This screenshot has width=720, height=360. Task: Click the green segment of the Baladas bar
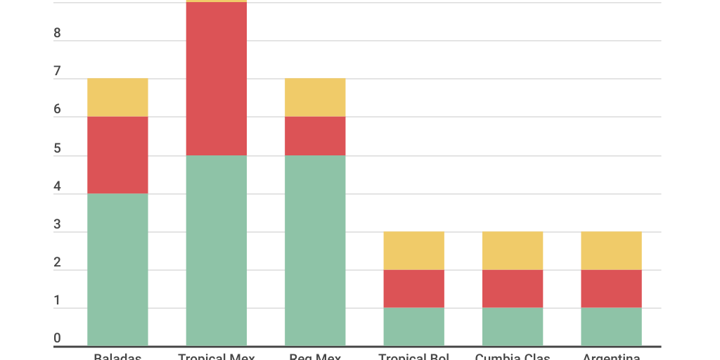[117, 269]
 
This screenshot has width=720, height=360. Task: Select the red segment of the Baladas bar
[117, 155]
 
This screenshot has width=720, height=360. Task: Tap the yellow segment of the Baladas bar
[117, 97]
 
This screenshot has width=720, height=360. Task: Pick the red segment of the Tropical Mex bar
[217, 79]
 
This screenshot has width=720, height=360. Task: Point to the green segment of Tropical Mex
[217, 250]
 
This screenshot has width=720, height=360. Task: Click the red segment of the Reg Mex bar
[315, 136]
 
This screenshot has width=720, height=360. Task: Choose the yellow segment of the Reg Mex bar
[315, 97]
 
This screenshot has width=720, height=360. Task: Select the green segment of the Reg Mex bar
[315, 250]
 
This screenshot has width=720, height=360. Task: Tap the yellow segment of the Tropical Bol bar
[413, 250]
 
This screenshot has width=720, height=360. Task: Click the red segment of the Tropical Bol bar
[413, 288]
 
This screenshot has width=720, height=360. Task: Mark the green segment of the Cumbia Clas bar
[512, 326]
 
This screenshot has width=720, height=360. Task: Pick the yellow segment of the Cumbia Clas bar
[512, 250]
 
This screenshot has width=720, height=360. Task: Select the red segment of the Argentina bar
[611, 288]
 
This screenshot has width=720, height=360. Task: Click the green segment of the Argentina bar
[611, 326]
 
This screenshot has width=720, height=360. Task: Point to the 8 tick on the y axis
[57, 34]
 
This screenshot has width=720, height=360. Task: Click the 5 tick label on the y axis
[57, 149]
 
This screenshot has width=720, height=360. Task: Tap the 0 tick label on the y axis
[57, 338]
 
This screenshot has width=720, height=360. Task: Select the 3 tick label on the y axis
[57, 225]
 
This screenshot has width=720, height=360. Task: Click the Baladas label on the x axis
[117, 356]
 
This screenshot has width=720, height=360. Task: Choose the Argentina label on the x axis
[611, 356]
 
